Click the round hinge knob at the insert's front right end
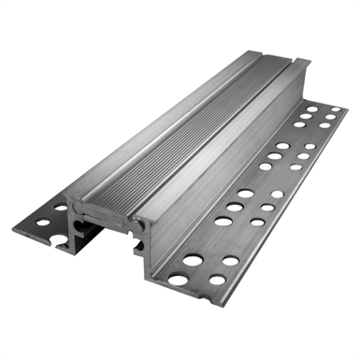tap(140, 226)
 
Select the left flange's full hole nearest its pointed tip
tap(43, 222)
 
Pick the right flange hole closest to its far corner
tap(336, 109)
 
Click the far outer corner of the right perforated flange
tap(347, 109)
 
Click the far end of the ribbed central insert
tap(277, 59)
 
